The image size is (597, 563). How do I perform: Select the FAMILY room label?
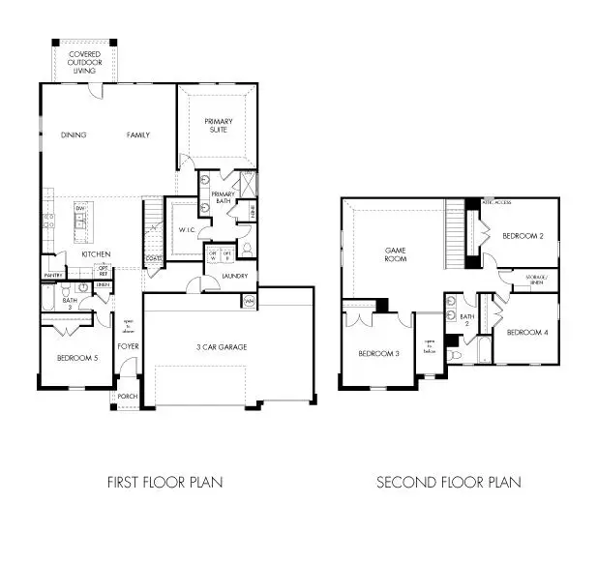pyautogui.click(x=138, y=135)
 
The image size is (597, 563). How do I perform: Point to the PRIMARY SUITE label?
pyautogui.click(x=218, y=125)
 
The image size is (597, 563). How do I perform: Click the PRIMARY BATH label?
pyautogui.click(x=224, y=198)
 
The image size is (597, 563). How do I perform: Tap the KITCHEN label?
pyautogui.click(x=96, y=254)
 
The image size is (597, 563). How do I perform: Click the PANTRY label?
pyautogui.click(x=52, y=276)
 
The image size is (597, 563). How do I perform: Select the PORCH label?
pyautogui.click(x=128, y=397)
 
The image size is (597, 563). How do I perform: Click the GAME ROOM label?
pyautogui.click(x=394, y=254)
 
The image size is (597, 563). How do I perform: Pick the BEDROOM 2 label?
pyautogui.click(x=522, y=235)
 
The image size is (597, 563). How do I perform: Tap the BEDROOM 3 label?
pyautogui.click(x=378, y=353)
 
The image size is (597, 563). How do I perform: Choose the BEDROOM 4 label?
pyautogui.click(x=526, y=333)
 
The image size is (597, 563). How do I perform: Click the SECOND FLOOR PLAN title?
pyautogui.click(x=448, y=481)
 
